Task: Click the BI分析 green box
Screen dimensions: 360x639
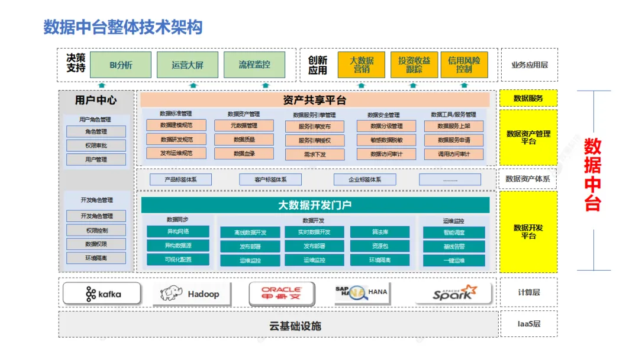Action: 121,65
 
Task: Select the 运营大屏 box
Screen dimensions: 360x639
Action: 187,65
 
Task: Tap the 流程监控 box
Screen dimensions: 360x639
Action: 254,65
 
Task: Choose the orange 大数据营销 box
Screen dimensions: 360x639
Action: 361,65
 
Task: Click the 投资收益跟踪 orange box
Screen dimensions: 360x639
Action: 414,65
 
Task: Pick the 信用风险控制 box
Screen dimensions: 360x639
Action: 464,65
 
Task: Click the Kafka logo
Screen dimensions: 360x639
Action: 102,294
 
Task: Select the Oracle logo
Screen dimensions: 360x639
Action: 282,294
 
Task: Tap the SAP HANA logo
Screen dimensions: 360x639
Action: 361,294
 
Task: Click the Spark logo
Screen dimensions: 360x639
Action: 453,293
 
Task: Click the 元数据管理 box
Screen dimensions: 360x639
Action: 244,126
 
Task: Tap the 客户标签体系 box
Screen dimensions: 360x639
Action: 270,179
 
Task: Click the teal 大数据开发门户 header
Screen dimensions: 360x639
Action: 315,205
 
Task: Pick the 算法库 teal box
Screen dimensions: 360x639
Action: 379,232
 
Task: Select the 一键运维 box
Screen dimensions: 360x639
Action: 453,261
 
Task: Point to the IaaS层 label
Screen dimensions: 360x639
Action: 528,324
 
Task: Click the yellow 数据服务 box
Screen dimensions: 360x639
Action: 528,98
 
